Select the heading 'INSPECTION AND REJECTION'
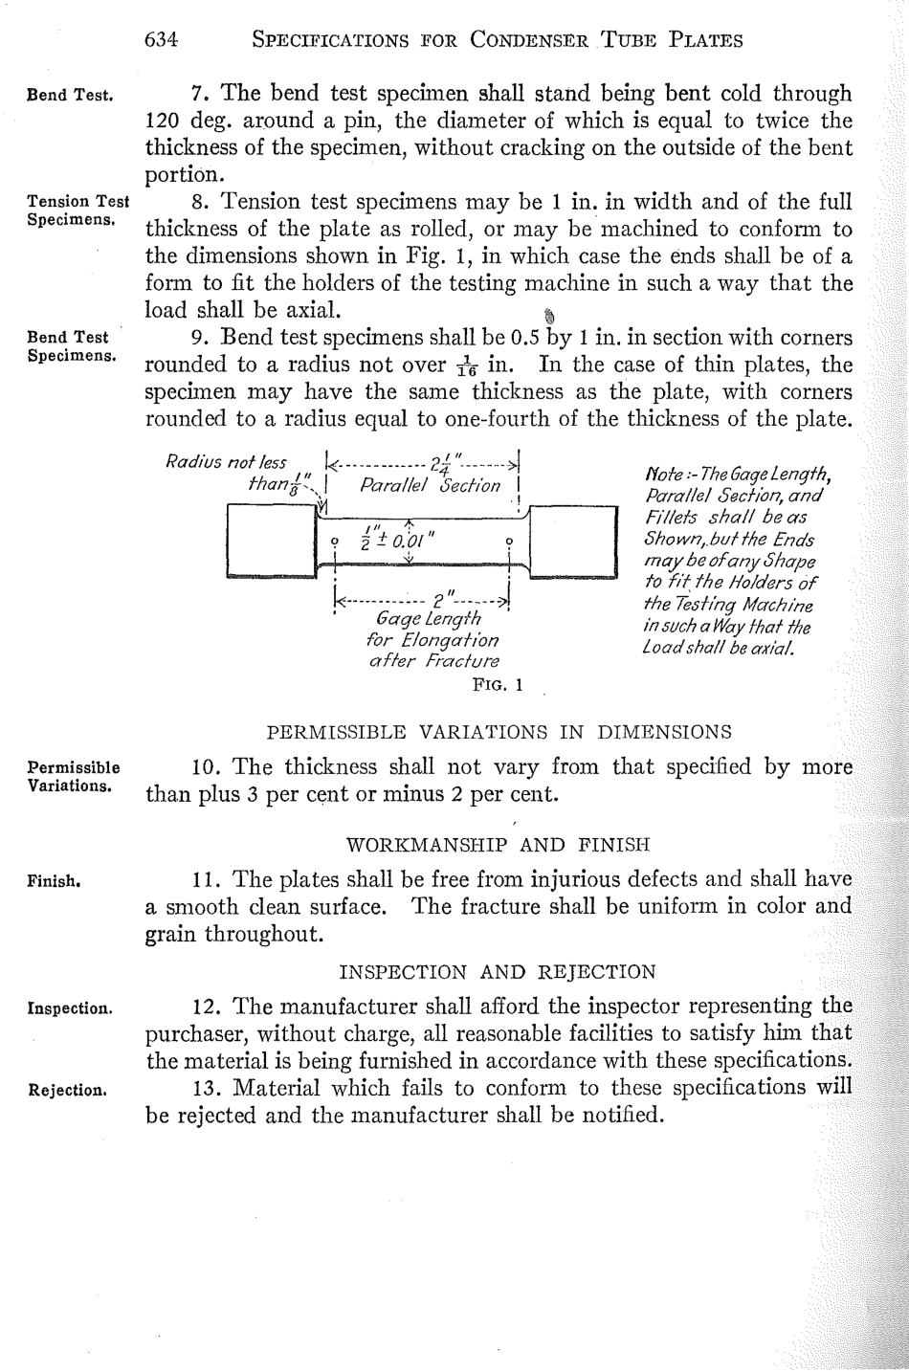498,972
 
